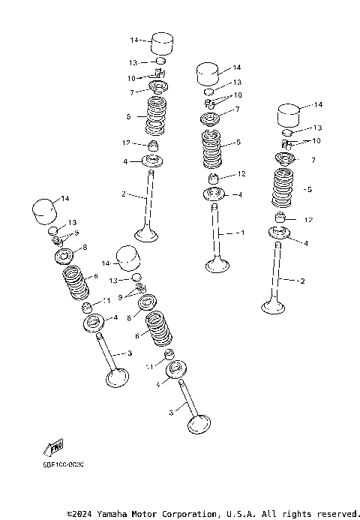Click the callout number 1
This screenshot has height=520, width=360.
[x=242, y=233]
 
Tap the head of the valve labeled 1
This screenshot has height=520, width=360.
[x=217, y=264]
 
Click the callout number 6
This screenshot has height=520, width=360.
[x=95, y=276]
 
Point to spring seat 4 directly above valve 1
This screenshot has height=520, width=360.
[x=214, y=195]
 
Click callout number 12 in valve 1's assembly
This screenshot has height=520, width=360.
[x=242, y=174]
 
